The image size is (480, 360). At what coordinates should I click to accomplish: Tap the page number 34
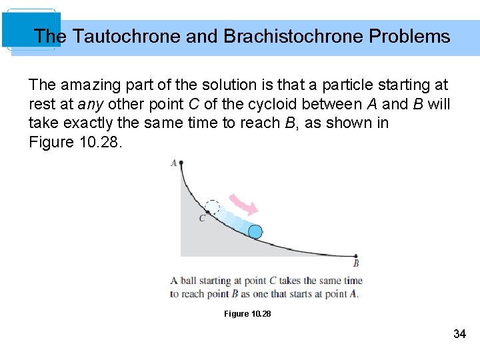point(459,334)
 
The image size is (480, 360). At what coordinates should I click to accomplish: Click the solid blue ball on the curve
point(255,231)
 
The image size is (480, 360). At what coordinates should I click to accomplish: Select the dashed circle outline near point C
point(213,207)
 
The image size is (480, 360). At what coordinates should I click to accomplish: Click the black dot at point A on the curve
point(181,163)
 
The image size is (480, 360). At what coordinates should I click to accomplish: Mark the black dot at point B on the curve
point(356,256)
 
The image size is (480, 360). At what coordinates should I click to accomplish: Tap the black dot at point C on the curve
point(207,212)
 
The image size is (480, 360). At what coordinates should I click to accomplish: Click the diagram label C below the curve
point(201,219)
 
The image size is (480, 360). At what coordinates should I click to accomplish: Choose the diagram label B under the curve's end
point(356,264)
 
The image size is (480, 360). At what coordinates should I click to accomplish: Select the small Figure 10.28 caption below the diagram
point(247,313)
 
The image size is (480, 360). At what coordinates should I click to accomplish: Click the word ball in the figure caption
point(189,281)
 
